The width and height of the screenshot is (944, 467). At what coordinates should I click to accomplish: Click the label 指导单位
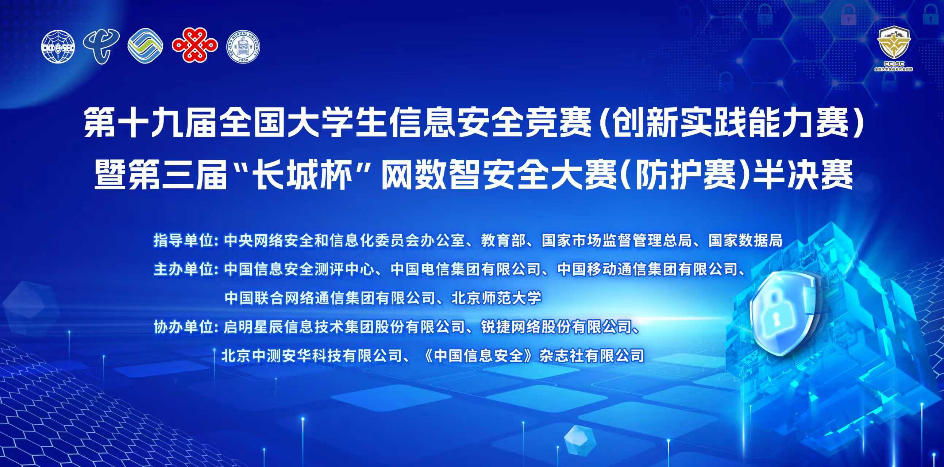[x=183, y=240]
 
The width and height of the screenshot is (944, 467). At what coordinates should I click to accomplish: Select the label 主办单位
[x=183, y=269]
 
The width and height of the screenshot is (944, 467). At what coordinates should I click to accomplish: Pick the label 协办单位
[x=183, y=327]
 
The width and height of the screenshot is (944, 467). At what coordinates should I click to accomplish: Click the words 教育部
[x=503, y=240]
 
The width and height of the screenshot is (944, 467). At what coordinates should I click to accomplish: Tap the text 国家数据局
[x=745, y=240]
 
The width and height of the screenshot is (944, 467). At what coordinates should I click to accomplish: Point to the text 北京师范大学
[x=497, y=298]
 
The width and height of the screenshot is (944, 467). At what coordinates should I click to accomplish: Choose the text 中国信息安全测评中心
[x=299, y=269]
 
